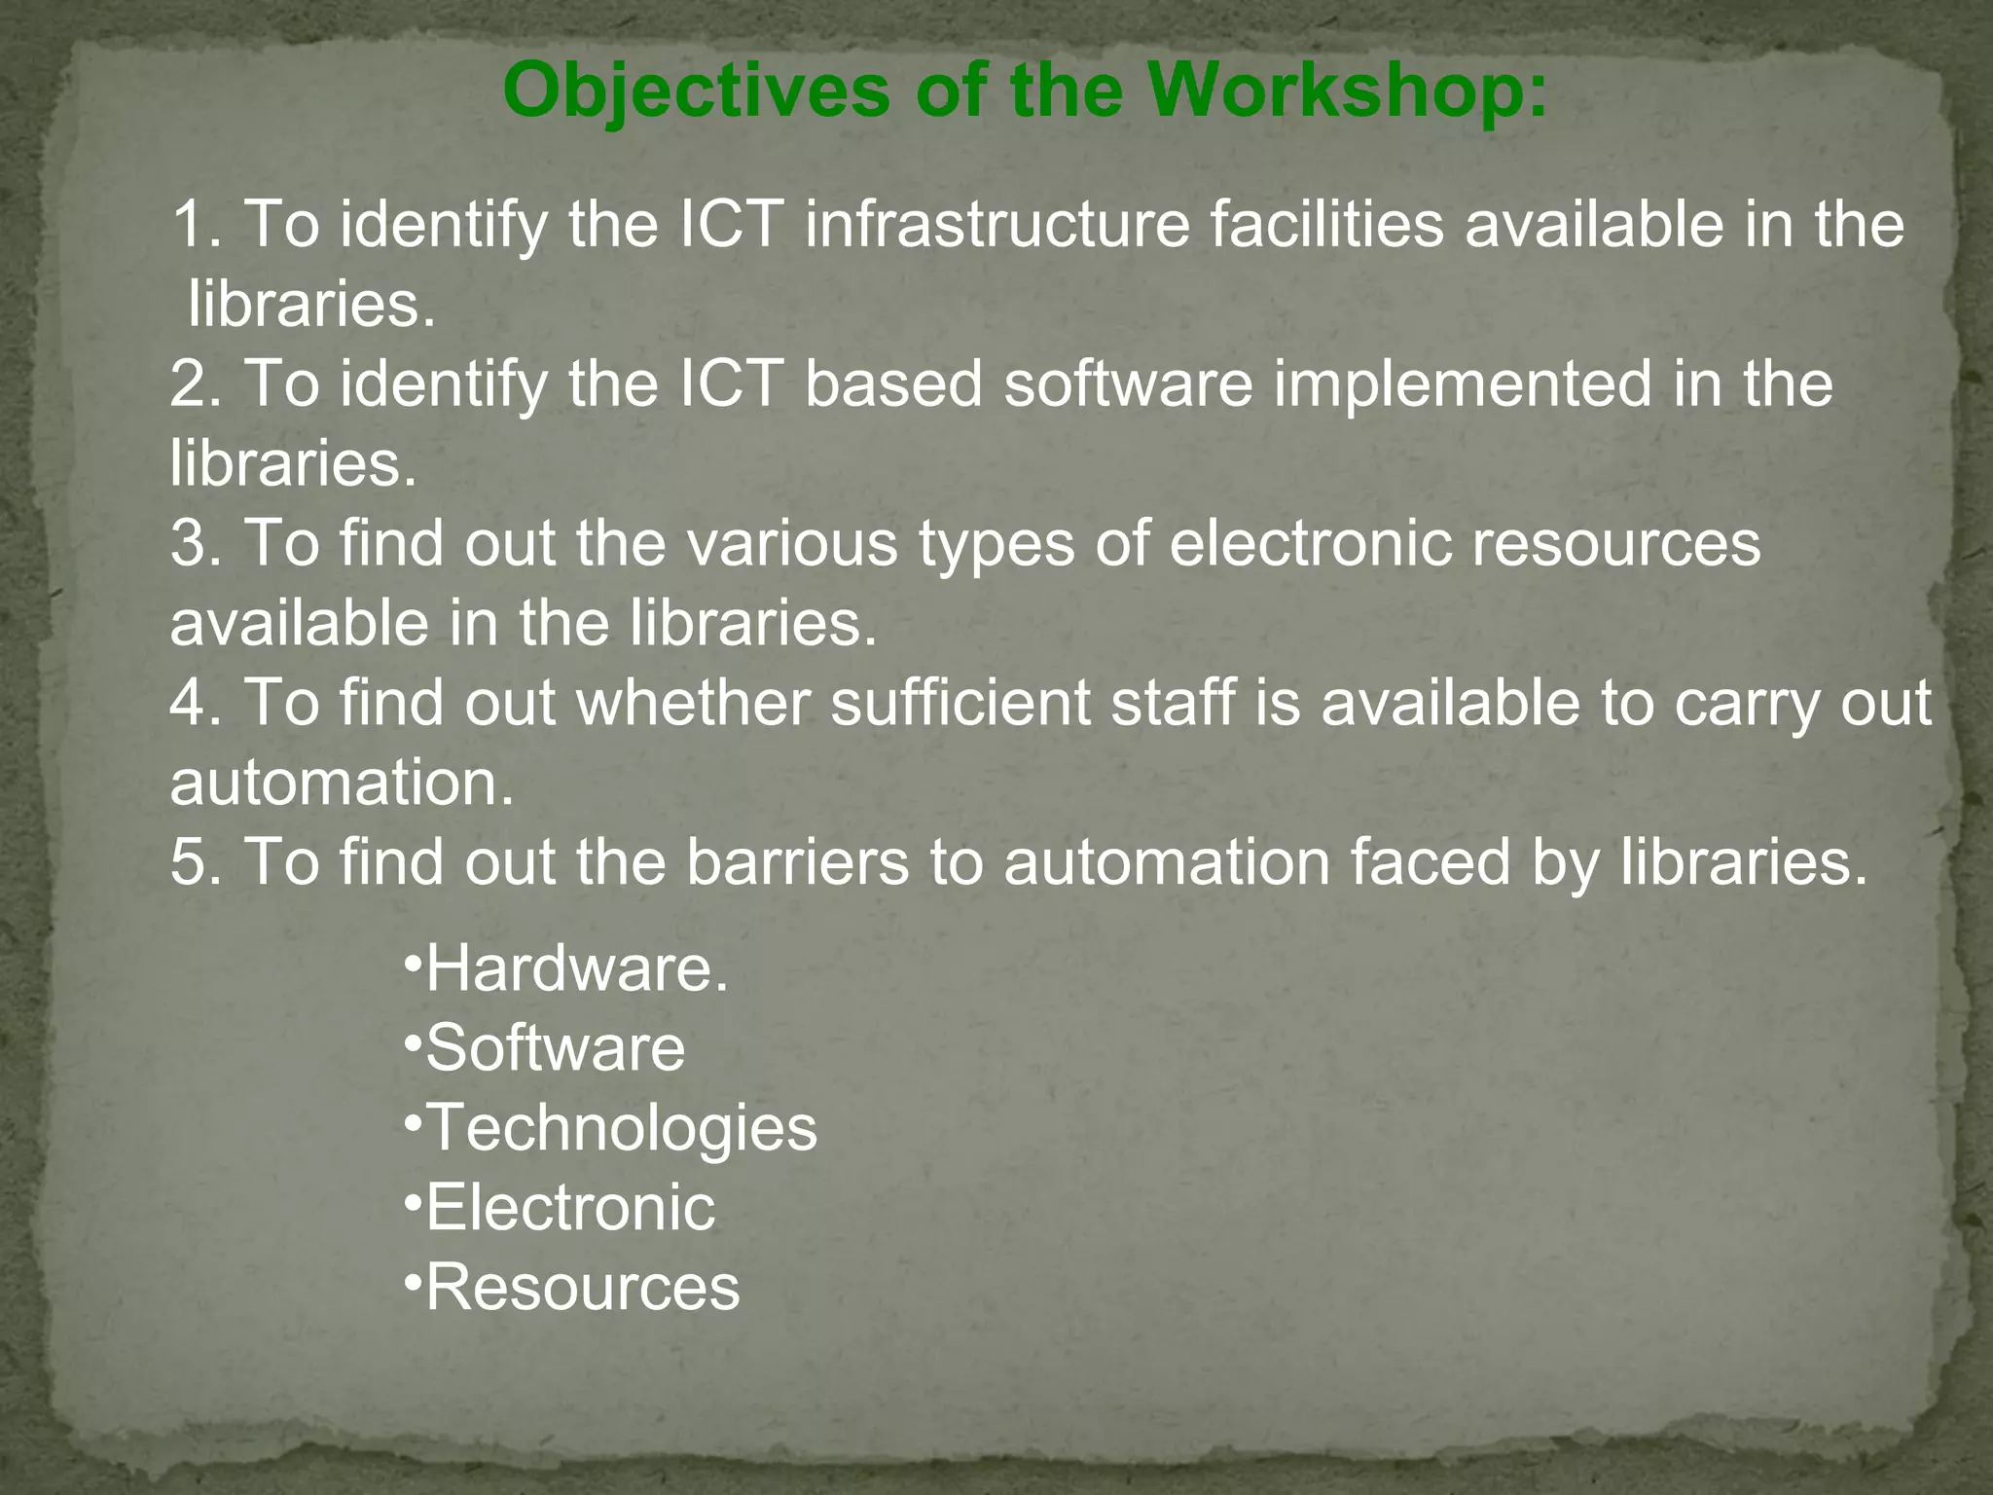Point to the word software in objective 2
[x=1129, y=383]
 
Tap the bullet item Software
[x=556, y=1049]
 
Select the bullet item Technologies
[x=622, y=1129]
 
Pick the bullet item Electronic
[x=570, y=1209]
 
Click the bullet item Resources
[x=583, y=1289]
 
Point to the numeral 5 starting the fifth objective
[x=189, y=862]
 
